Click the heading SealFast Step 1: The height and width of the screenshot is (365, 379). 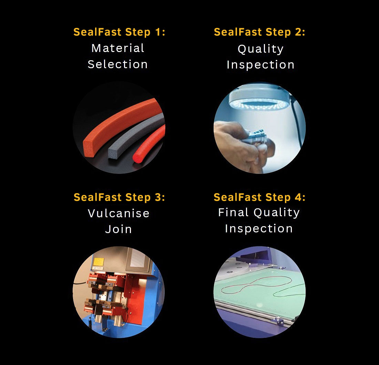[119, 32]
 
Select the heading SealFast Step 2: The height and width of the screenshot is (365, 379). [259, 32]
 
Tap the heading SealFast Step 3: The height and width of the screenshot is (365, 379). [119, 197]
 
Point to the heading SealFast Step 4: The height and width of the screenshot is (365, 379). [259, 197]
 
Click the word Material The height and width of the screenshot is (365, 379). [118, 48]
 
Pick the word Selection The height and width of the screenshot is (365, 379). [118, 64]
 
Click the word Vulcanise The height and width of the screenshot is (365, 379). [119, 213]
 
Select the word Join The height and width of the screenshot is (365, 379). [119, 229]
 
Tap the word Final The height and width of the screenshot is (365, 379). [234, 212]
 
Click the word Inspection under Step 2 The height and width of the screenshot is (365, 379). [260, 65]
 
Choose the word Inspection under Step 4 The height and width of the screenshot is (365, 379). [259, 229]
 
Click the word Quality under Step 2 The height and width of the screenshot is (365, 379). [260, 49]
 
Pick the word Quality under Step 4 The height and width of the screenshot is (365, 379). [277, 212]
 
